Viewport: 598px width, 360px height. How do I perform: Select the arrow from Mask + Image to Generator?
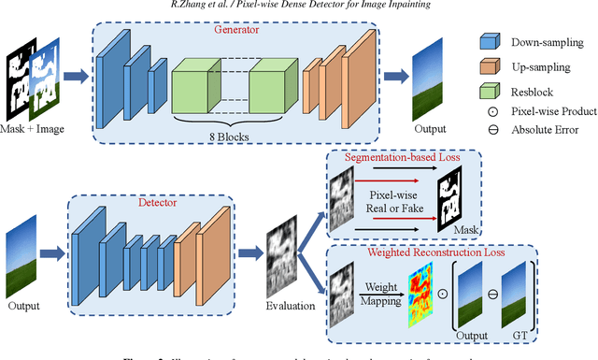[77, 76]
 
